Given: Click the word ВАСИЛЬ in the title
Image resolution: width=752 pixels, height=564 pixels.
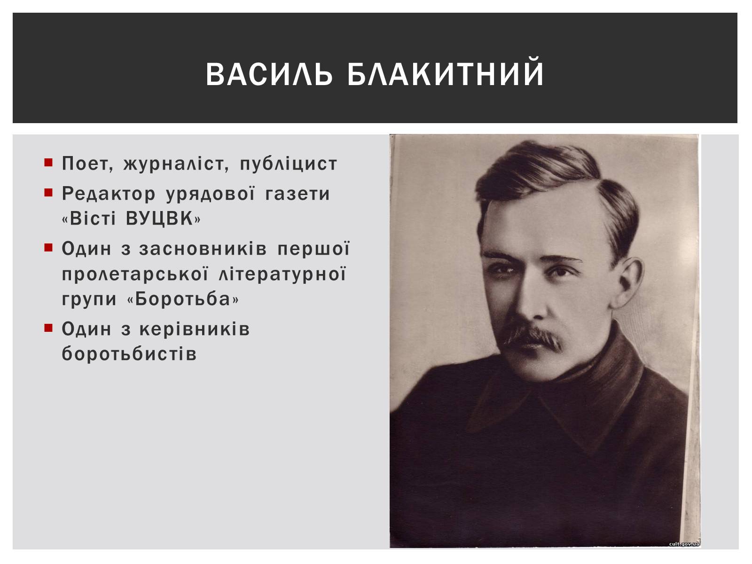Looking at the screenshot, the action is tap(269, 74).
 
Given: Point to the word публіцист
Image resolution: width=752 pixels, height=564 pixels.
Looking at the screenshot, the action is tap(289, 164).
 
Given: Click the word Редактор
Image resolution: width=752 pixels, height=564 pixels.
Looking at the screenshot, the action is tap(109, 194).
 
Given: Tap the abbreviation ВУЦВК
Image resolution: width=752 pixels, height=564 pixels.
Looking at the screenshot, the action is tap(160, 219).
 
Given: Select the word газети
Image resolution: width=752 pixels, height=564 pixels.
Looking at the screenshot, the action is tap(298, 194).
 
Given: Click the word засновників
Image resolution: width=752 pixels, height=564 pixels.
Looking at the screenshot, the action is tap(203, 249).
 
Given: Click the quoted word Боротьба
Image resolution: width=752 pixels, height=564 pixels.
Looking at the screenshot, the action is tap(183, 299).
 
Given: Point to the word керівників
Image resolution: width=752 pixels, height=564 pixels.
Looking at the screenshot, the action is tap(194, 330).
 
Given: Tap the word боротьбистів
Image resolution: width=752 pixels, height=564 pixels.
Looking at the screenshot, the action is tap(129, 354).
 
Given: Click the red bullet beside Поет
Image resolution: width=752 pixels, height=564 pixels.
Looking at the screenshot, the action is tap(48, 162).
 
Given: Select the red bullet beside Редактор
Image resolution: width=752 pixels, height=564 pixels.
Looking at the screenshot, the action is tap(48, 192).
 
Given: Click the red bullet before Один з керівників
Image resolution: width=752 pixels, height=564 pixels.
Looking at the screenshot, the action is tap(48, 328).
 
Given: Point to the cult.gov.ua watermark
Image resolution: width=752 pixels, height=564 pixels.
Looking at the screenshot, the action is tap(684, 544).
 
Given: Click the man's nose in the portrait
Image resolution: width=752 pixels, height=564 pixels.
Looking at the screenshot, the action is tap(533, 301).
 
